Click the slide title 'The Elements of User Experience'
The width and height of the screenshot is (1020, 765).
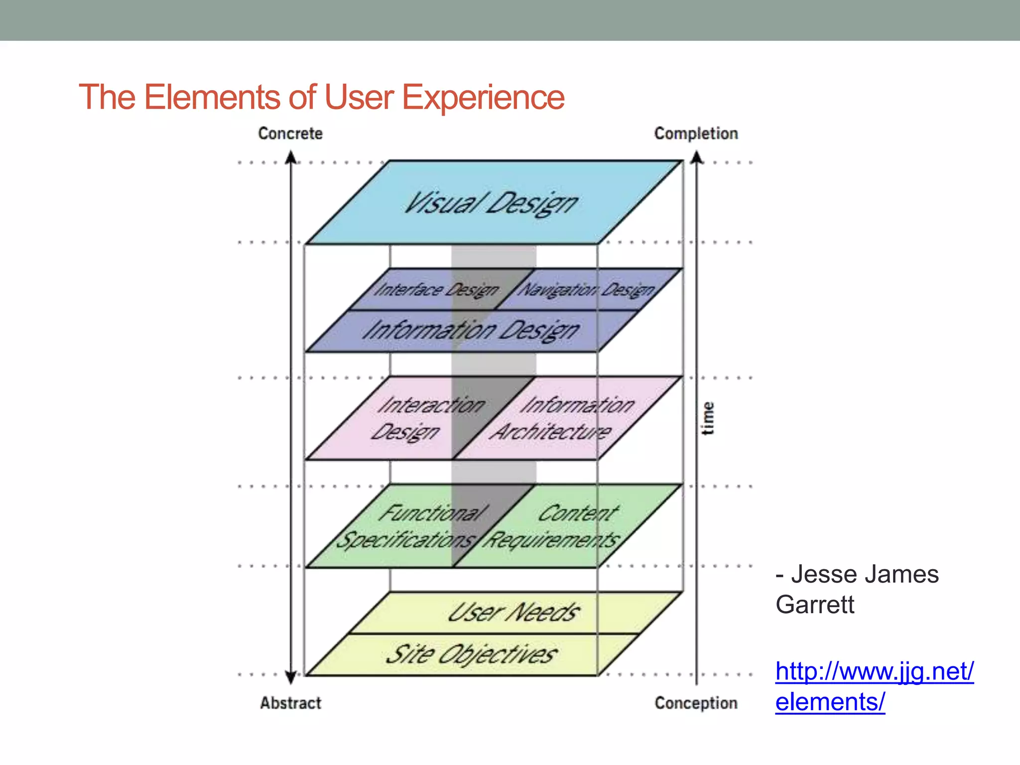pyautogui.click(x=321, y=97)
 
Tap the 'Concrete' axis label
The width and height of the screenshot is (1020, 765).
pyautogui.click(x=290, y=133)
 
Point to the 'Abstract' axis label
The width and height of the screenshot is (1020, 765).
pyautogui.click(x=290, y=703)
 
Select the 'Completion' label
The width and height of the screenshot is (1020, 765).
pyautogui.click(x=696, y=133)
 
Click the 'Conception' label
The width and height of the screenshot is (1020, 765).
pyautogui.click(x=696, y=703)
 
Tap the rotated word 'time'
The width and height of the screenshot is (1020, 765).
pyautogui.click(x=708, y=418)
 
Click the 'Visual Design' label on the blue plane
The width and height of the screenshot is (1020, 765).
pyautogui.click(x=491, y=203)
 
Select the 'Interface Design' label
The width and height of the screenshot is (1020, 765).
pyautogui.click(x=436, y=289)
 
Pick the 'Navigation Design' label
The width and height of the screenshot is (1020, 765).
pyautogui.click(x=587, y=289)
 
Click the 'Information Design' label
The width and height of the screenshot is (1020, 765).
pyautogui.click(x=471, y=331)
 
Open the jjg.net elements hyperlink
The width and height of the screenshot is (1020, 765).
pyautogui.click(x=874, y=686)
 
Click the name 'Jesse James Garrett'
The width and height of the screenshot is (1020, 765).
pyautogui.click(x=857, y=589)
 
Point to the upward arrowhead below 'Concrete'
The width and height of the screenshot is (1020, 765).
pyautogui.click(x=291, y=158)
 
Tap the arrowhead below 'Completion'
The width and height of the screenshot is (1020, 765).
pyautogui.click(x=697, y=158)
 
